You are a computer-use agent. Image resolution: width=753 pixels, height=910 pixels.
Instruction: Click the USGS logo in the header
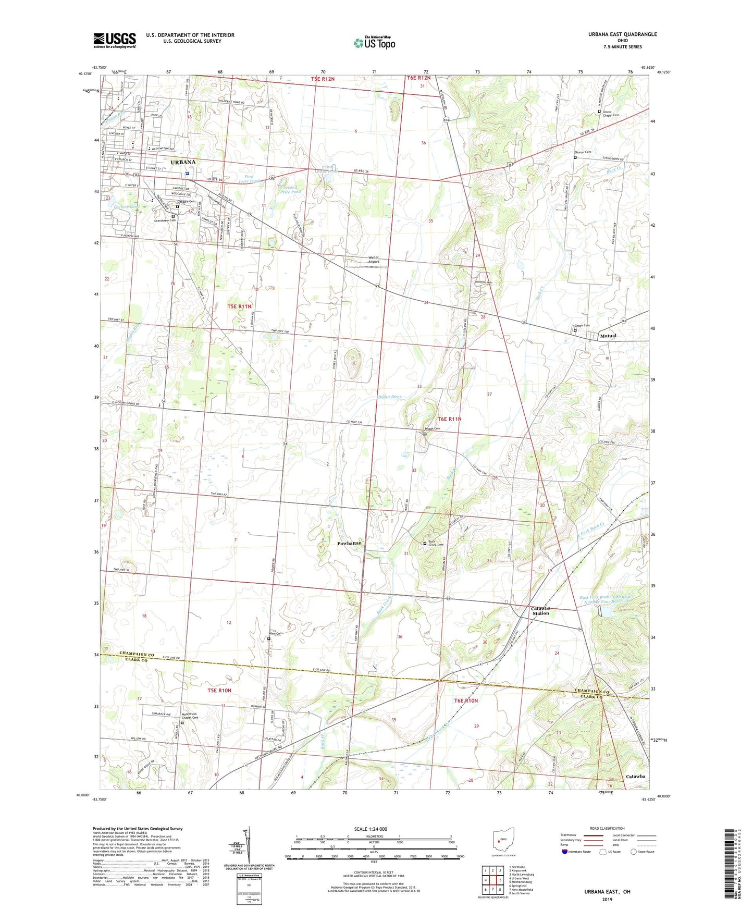[x=114, y=40]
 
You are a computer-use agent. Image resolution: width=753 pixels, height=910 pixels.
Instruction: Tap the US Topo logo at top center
[x=374, y=43]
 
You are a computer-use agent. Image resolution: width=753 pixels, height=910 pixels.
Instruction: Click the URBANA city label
[x=183, y=162]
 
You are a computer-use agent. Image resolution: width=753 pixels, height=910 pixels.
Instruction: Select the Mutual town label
[x=608, y=336]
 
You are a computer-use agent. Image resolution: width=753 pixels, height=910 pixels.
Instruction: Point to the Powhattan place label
[x=349, y=543]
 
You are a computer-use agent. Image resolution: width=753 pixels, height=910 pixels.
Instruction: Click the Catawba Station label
[x=540, y=611]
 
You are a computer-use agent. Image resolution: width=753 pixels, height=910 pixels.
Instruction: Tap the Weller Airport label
[x=374, y=260]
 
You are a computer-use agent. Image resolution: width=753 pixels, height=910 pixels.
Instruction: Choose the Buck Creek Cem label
[x=436, y=543]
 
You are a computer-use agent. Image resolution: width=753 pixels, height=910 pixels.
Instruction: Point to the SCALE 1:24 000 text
[x=371, y=829]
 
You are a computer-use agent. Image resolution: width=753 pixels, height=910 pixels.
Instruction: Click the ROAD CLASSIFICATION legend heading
[x=608, y=828]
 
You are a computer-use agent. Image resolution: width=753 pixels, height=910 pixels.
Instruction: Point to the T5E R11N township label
[x=239, y=306]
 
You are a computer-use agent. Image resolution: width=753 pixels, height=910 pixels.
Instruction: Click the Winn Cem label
[x=275, y=634]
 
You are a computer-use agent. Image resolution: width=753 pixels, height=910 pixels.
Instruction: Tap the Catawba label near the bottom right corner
[x=635, y=776]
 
